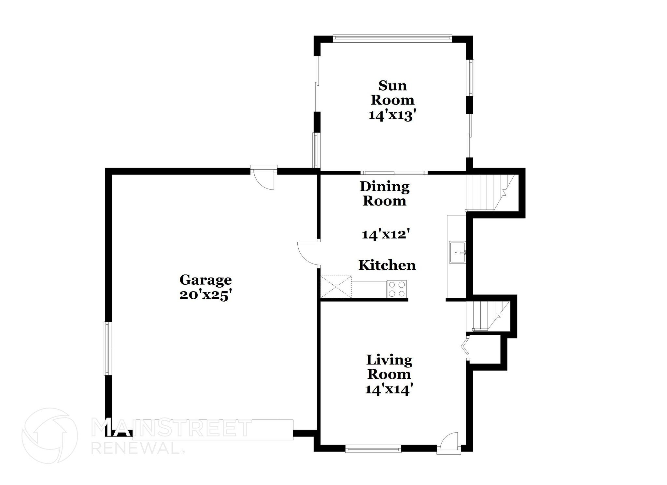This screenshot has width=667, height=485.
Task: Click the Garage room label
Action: [206, 280]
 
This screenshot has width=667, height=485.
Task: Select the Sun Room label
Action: [392, 93]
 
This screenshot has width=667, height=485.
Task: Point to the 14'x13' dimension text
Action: [392, 115]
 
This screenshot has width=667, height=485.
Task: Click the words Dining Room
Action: [385, 194]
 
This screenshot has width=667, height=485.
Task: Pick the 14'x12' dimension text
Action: [386, 234]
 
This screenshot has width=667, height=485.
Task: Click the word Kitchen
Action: [387, 265]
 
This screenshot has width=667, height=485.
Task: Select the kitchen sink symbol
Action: [457, 252]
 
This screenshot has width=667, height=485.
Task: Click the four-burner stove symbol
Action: [397, 289]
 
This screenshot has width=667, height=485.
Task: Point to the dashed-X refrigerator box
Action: [336, 287]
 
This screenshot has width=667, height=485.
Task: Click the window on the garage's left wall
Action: [108, 348]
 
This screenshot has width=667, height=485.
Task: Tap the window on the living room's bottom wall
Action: [373, 450]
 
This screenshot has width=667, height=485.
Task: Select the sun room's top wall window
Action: [392, 39]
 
